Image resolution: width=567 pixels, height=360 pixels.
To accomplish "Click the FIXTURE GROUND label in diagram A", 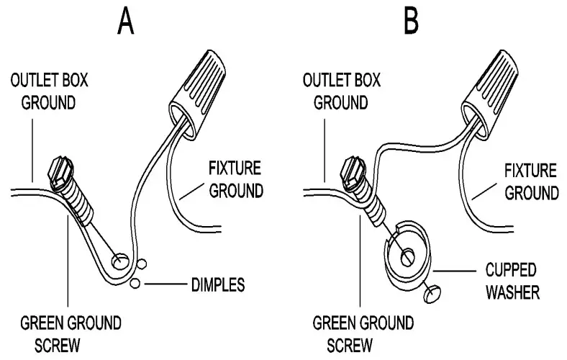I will pyautogui.click(x=235, y=181).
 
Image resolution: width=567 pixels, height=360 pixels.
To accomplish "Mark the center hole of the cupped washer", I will pyautogui.click(x=407, y=255).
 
